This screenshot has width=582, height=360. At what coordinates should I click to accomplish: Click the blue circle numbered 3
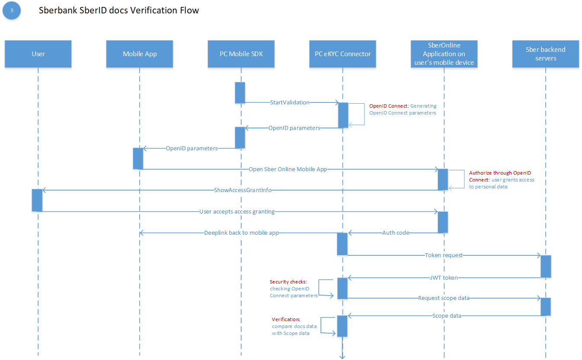point(12,10)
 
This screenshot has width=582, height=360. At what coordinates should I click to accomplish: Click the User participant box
point(38,54)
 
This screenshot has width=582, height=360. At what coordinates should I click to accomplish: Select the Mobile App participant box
point(140,54)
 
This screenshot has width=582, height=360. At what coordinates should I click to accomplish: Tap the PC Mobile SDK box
point(241,54)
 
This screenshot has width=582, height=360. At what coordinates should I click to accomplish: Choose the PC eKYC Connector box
point(343,54)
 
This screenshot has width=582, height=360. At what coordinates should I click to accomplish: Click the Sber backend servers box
point(546,54)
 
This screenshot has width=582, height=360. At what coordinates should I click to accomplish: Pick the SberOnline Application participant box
point(444,54)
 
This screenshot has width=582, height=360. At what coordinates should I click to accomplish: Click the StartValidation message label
point(290,102)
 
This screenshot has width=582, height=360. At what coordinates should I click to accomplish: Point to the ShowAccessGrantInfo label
point(243,190)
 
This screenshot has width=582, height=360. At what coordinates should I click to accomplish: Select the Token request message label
point(444,255)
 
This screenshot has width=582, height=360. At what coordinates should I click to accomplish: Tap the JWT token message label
point(444,277)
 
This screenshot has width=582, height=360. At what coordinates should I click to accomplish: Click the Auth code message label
point(396,233)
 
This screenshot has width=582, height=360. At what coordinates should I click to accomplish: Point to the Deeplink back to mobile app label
point(241,233)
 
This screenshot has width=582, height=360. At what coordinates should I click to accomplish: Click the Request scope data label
point(444,298)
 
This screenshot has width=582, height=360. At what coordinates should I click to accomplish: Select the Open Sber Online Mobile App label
point(288,169)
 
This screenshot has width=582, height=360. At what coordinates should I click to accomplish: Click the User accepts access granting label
point(237,212)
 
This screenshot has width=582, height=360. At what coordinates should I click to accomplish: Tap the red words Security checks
point(288,282)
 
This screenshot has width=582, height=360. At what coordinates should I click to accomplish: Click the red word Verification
point(286,319)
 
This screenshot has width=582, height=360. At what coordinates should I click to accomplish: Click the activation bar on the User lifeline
point(37,200)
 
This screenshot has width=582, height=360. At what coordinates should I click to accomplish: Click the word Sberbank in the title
point(58,10)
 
